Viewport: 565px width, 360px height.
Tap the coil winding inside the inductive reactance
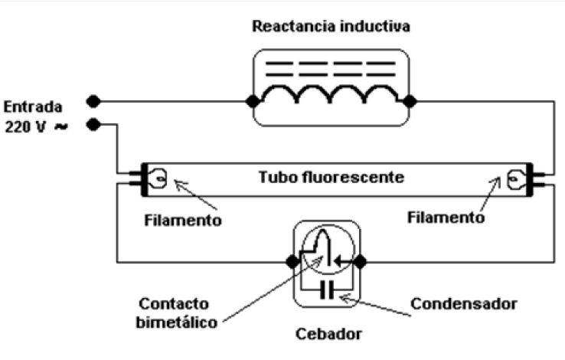coord(330,96)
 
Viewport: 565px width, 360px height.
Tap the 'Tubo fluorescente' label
coord(330,177)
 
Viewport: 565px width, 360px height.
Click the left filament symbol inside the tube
coord(159,179)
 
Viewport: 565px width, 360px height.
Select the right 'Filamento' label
coord(448,217)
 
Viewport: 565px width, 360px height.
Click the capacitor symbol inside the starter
coord(330,290)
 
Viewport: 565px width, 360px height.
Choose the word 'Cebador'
coord(331,334)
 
